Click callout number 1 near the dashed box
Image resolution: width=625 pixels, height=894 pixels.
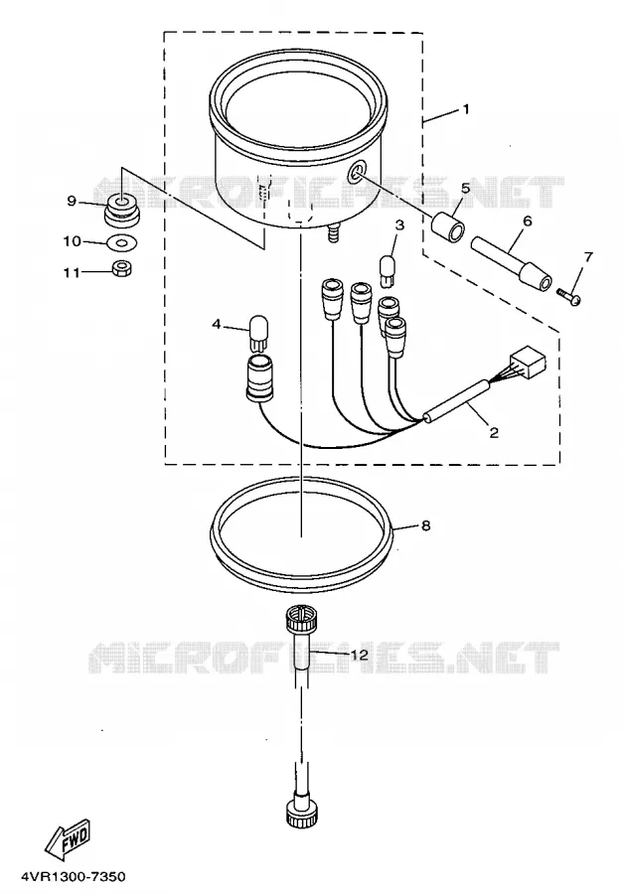(466, 109)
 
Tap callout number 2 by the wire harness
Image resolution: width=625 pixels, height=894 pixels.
(494, 433)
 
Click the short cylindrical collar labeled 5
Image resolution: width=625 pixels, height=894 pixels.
(448, 225)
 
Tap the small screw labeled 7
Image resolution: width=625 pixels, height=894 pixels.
(568, 296)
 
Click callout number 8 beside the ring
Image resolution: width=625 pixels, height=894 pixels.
(426, 525)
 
